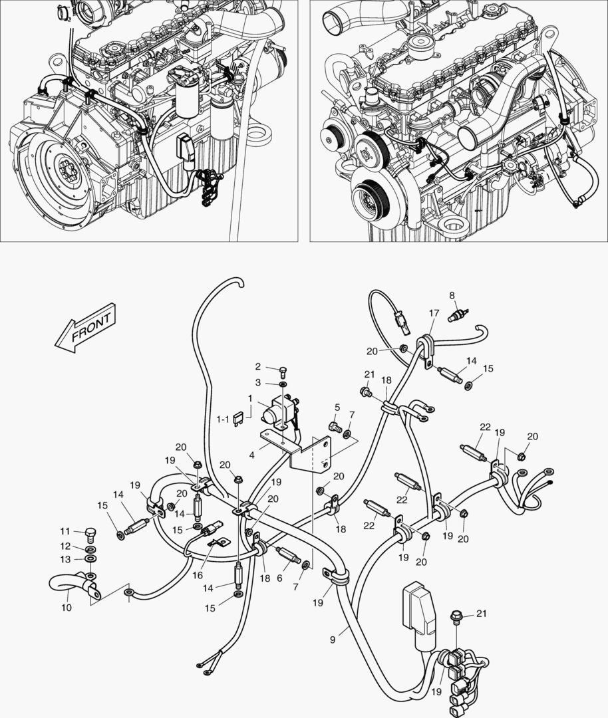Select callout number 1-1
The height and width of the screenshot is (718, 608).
224,419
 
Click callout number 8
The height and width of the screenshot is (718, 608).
452,295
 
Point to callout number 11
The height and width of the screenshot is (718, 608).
65,531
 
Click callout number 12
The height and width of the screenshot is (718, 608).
65,545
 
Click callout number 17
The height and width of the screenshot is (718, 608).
434,312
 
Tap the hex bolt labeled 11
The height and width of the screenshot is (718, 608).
91,534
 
